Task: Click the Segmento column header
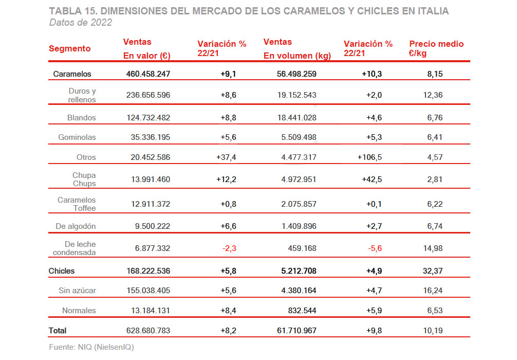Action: pos(69,49)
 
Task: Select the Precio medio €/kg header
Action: pos(436,48)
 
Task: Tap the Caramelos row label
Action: pos(72,74)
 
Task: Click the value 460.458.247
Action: pos(148,74)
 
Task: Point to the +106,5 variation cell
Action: pos(370,157)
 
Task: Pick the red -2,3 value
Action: pos(229,248)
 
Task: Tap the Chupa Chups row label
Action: pos(84,179)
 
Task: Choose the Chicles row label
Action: pos(62,271)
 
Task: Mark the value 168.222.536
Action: pos(148,271)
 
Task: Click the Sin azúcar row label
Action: pos(77,291)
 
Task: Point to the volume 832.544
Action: pos(302,310)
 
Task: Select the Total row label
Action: pos(58,331)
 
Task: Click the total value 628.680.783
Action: pos(148,331)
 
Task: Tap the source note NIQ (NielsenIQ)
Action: pos(91,347)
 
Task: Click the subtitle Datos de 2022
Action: pos(81,22)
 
